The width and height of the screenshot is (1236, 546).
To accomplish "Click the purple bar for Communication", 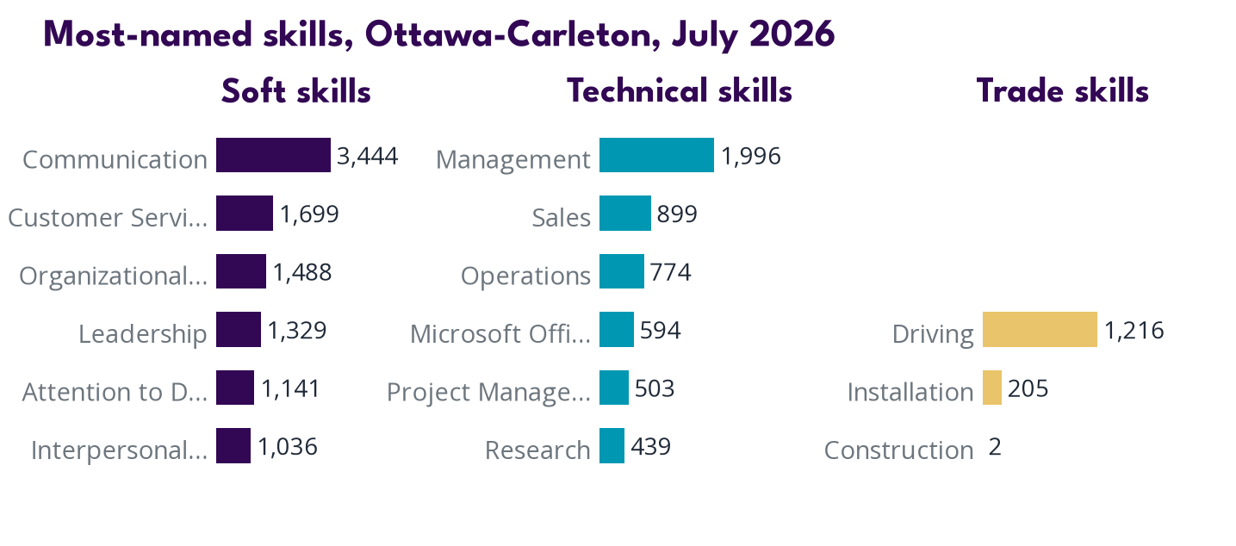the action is pos(273,155).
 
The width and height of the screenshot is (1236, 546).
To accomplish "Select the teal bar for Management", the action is pos(656,155).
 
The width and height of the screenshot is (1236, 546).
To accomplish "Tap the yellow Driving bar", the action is pos(1040,329).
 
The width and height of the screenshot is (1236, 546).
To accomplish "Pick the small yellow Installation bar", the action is pos(992,388).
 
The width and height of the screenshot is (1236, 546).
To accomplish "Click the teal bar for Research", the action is pos(612,445).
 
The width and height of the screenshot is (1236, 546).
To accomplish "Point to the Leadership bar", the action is pos(239,329).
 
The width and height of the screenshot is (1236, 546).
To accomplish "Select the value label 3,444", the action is pos(368,157).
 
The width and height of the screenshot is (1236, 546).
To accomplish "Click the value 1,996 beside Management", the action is pos(751,157).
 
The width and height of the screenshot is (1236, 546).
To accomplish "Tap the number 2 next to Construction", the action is pos(995,447).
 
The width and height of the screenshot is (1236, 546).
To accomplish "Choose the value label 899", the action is pos(677,214).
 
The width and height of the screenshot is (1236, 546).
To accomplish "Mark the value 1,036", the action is pos(288,447).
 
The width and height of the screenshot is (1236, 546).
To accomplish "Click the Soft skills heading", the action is pos(296,91).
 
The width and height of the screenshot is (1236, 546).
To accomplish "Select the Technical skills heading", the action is pos(680,91).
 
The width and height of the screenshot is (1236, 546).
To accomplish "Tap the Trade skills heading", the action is pos(1063,91).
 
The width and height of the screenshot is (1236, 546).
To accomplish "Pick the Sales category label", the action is pos(562,217).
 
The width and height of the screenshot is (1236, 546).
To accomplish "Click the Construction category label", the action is pos(899,450).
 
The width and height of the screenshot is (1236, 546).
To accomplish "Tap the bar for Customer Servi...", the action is pos(245,213).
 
